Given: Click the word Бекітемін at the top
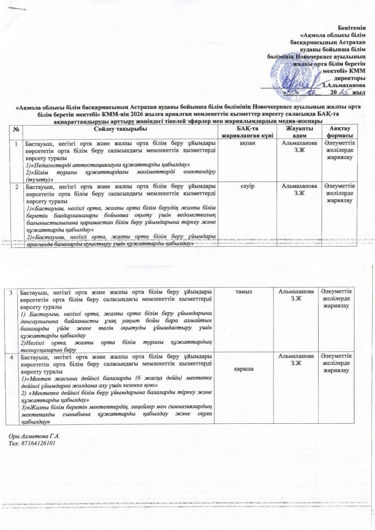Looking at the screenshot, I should pyautogui.click(x=352, y=26).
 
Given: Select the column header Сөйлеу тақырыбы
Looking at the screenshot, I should pyautogui.click(x=113, y=129).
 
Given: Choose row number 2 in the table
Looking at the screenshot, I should pyautogui.click(x=17, y=187).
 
